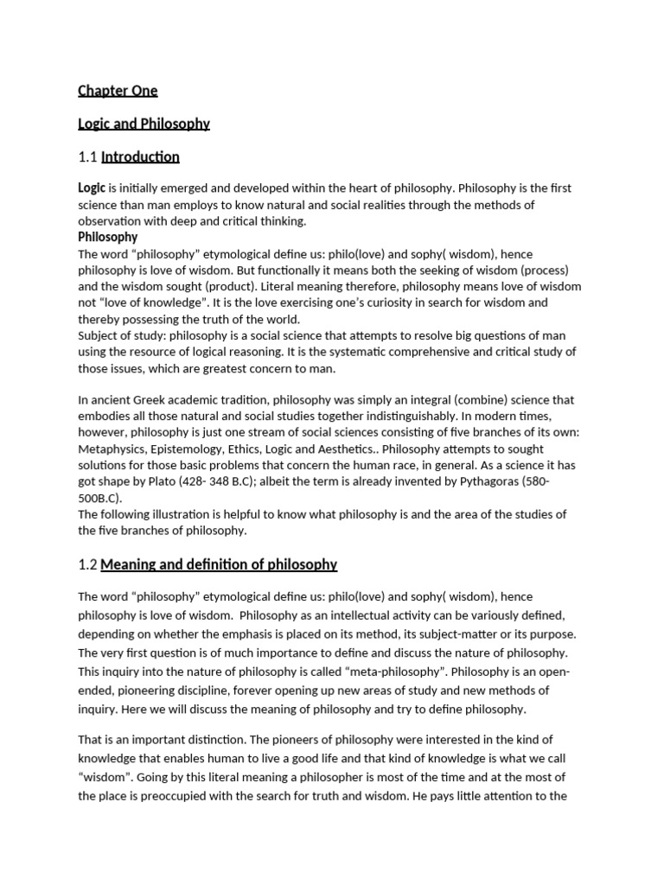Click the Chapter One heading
(x=118, y=91)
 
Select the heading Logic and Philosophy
(x=144, y=124)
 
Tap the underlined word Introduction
(x=140, y=157)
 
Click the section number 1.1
(x=87, y=157)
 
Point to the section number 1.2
(x=87, y=565)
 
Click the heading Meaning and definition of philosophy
(x=219, y=565)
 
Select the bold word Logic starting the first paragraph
(x=92, y=188)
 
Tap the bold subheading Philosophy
(x=107, y=238)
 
